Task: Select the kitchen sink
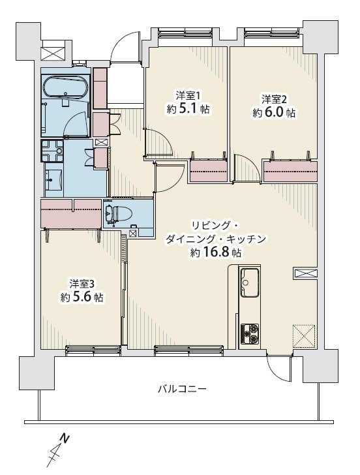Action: pos(250,283)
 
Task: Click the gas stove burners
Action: pos(250,333)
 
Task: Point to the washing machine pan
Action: pos(52,151)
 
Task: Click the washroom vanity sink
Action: pos(53,179)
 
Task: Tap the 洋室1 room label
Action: pos(188,97)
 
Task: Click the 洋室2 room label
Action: pos(274,99)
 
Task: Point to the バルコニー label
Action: pos(182,388)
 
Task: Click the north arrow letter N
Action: pos(64,438)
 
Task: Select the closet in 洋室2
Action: pos(290,172)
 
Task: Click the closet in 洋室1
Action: pos(209,170)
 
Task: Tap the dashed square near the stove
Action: pos(304,335)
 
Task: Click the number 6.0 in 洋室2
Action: pos(275,113)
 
